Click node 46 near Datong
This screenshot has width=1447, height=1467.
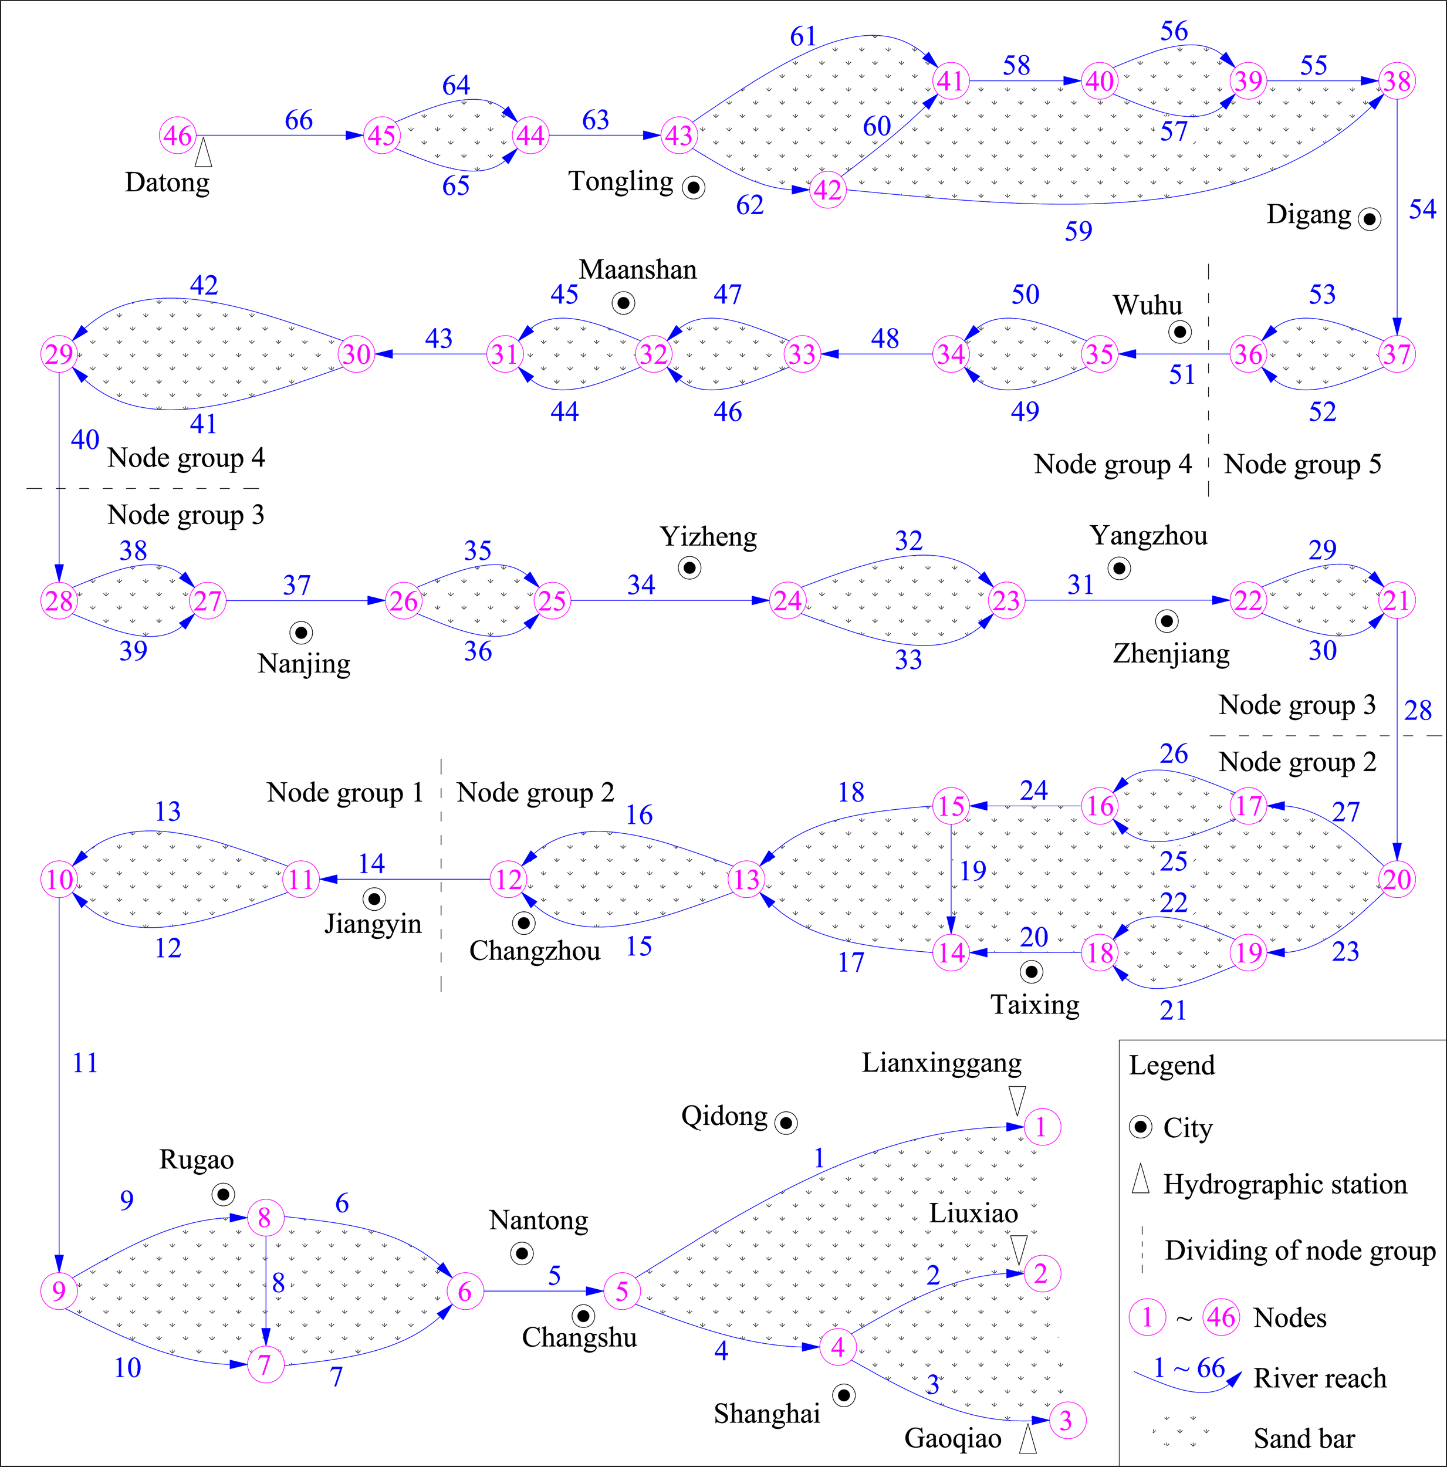[x=178, y=136]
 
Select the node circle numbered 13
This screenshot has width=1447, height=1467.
[x=747, y=879]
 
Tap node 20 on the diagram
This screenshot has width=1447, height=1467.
[x=1398, y=879]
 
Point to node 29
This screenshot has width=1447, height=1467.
[x=59, y=354]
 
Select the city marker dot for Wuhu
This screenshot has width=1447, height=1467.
[x=1180, y=332]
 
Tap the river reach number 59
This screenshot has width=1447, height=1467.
[x=1078, y=231]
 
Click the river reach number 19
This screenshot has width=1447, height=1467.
[x=972, y=870]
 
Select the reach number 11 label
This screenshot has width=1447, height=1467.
[x=85, y=1063]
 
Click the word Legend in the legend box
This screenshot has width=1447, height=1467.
[x=1171, y=1065]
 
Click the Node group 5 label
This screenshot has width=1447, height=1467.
[x=1302, y=464]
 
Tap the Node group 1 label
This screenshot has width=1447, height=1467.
[x=344, y=792]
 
